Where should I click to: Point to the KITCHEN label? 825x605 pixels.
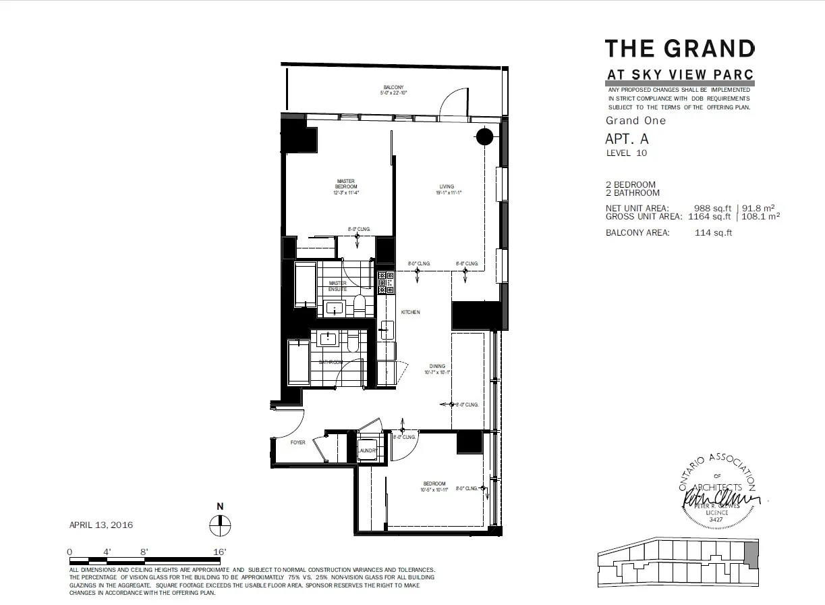tap(410, 313)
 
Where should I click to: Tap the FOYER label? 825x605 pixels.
tap(297, 443)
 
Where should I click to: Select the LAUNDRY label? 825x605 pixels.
tap(366, 451)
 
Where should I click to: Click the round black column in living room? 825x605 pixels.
tap(484, 137)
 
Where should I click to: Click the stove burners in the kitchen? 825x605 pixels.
tap(386, 282)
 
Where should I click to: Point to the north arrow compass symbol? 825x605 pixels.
tap(220, 523)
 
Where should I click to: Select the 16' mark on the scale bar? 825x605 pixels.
tap(219, 552)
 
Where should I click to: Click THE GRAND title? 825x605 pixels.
tap(679, 49)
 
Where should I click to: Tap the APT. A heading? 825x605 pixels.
tap(627, 139)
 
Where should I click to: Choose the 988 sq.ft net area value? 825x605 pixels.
tap(712, 209)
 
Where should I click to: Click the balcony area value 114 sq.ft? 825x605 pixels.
tap(713, 233)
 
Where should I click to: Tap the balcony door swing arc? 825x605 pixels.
tap(452, 101)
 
